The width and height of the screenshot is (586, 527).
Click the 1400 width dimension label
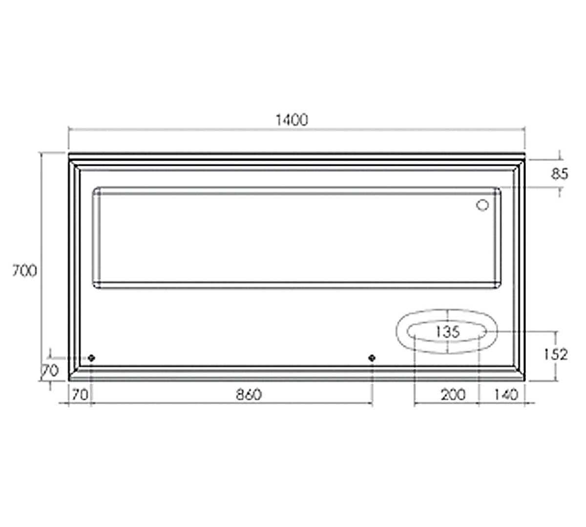coord(292,120)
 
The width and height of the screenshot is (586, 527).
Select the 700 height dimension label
coord(24,270)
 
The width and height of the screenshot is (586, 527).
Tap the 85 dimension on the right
coord(560,174)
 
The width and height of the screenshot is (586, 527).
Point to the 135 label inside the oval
coord(447,332)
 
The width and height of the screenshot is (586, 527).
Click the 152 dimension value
coord(555,354)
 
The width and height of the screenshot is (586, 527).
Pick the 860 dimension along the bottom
coord(249,394)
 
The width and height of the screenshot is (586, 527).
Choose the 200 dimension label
coord(453,395)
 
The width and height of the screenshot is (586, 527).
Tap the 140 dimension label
coord(506,395)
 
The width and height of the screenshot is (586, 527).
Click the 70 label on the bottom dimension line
coord(80,395)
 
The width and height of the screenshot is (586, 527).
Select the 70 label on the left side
coord(50,371)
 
